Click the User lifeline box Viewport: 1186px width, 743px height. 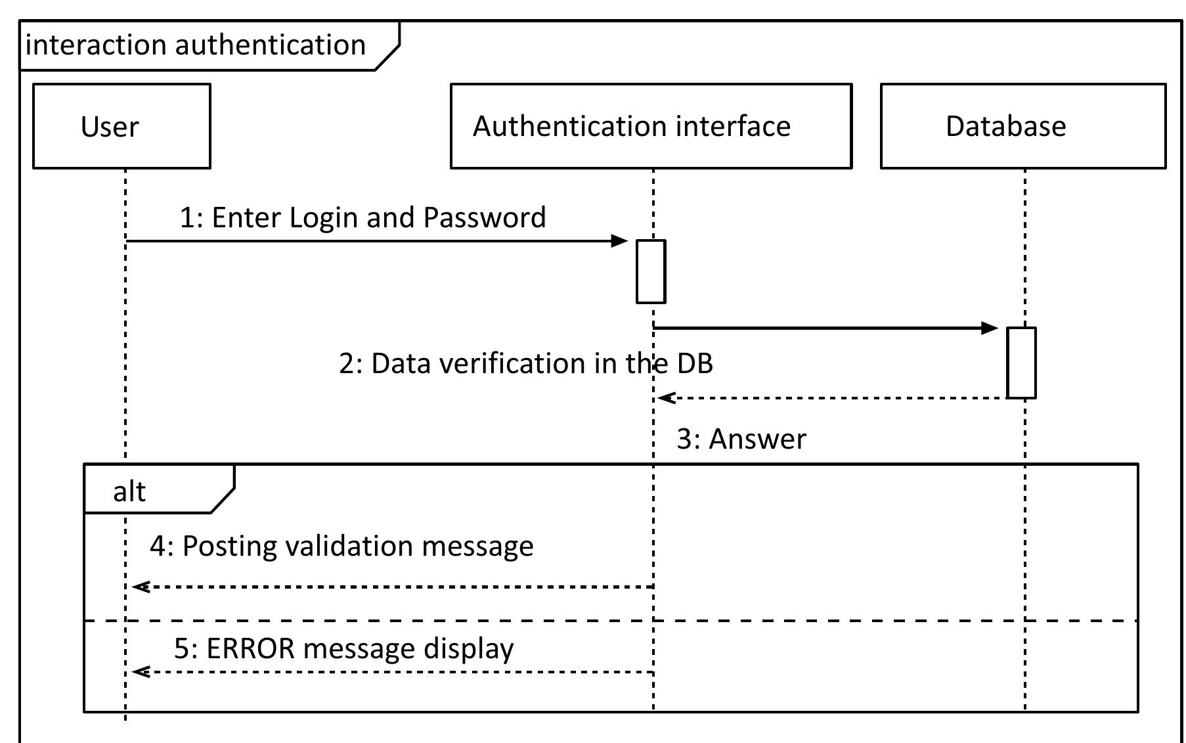point(121,126)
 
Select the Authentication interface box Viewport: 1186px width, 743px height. point(651,126)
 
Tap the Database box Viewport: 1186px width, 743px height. point(1022,126)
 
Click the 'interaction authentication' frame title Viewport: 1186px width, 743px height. point(196,45)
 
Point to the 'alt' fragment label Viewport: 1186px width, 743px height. point(129,491)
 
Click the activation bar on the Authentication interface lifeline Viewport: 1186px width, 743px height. point(651,271)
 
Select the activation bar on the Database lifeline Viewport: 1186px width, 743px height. point(1021,363)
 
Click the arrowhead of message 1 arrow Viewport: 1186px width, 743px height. point(621,241)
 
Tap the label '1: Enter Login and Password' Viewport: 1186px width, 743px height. point(362,217)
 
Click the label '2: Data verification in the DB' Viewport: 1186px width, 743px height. point(525,363)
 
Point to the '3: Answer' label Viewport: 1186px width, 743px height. point(741,439)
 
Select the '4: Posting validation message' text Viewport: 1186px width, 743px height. point(341,546)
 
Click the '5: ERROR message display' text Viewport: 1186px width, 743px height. point(343,648)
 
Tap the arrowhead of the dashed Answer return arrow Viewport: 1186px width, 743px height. point(666,397)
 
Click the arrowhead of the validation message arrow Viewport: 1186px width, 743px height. point(140,587)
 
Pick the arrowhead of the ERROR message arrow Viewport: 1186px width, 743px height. point(140,671)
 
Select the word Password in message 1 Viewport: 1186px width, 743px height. point(485,217)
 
